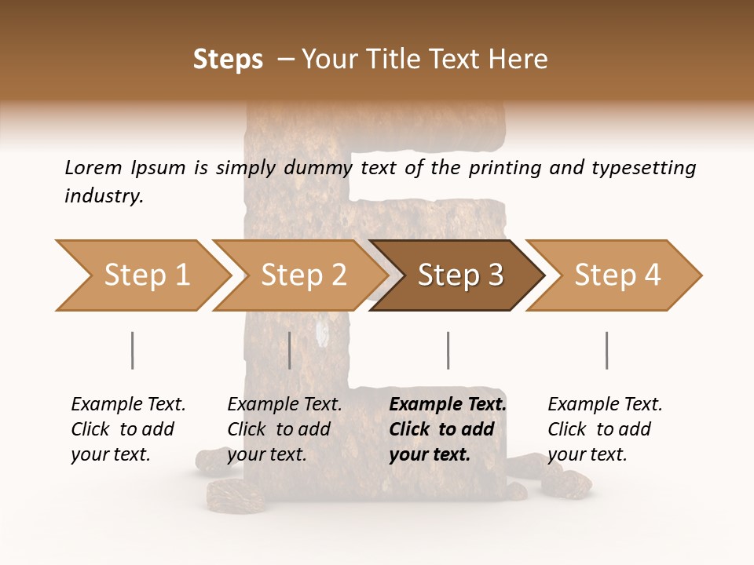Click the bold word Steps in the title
coord(228,60)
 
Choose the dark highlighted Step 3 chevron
coord(458,275)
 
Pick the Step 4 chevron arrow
coord(615,275)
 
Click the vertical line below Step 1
coord(133,350)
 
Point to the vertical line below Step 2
coord(290,350)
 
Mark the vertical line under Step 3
coord(448,350)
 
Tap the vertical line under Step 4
coord(606,350)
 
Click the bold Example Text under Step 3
coord(446,429)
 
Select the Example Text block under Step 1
coord(127,429)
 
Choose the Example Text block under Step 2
coord(284,429)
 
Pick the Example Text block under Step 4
coord(604,429)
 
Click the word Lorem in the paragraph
coord(93,167)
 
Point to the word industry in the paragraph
coord(104,196)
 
